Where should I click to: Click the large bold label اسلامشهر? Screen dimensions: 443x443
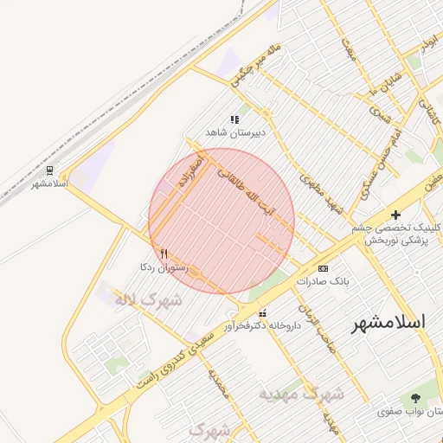pos(388,323)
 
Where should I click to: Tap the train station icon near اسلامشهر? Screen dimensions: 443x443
pos(50,170)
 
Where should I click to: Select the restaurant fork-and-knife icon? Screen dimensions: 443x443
pos(164,254)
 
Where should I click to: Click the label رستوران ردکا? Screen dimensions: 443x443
pos(159,267)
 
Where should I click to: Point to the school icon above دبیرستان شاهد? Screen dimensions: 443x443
pos(234,119)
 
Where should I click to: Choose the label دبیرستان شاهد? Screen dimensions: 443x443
pos(234,132)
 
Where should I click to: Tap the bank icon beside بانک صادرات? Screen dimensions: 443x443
pos(324,268)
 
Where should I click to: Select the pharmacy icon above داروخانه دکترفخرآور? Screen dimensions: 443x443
pos(262,313)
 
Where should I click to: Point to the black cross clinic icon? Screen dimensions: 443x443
pos(396,215)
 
